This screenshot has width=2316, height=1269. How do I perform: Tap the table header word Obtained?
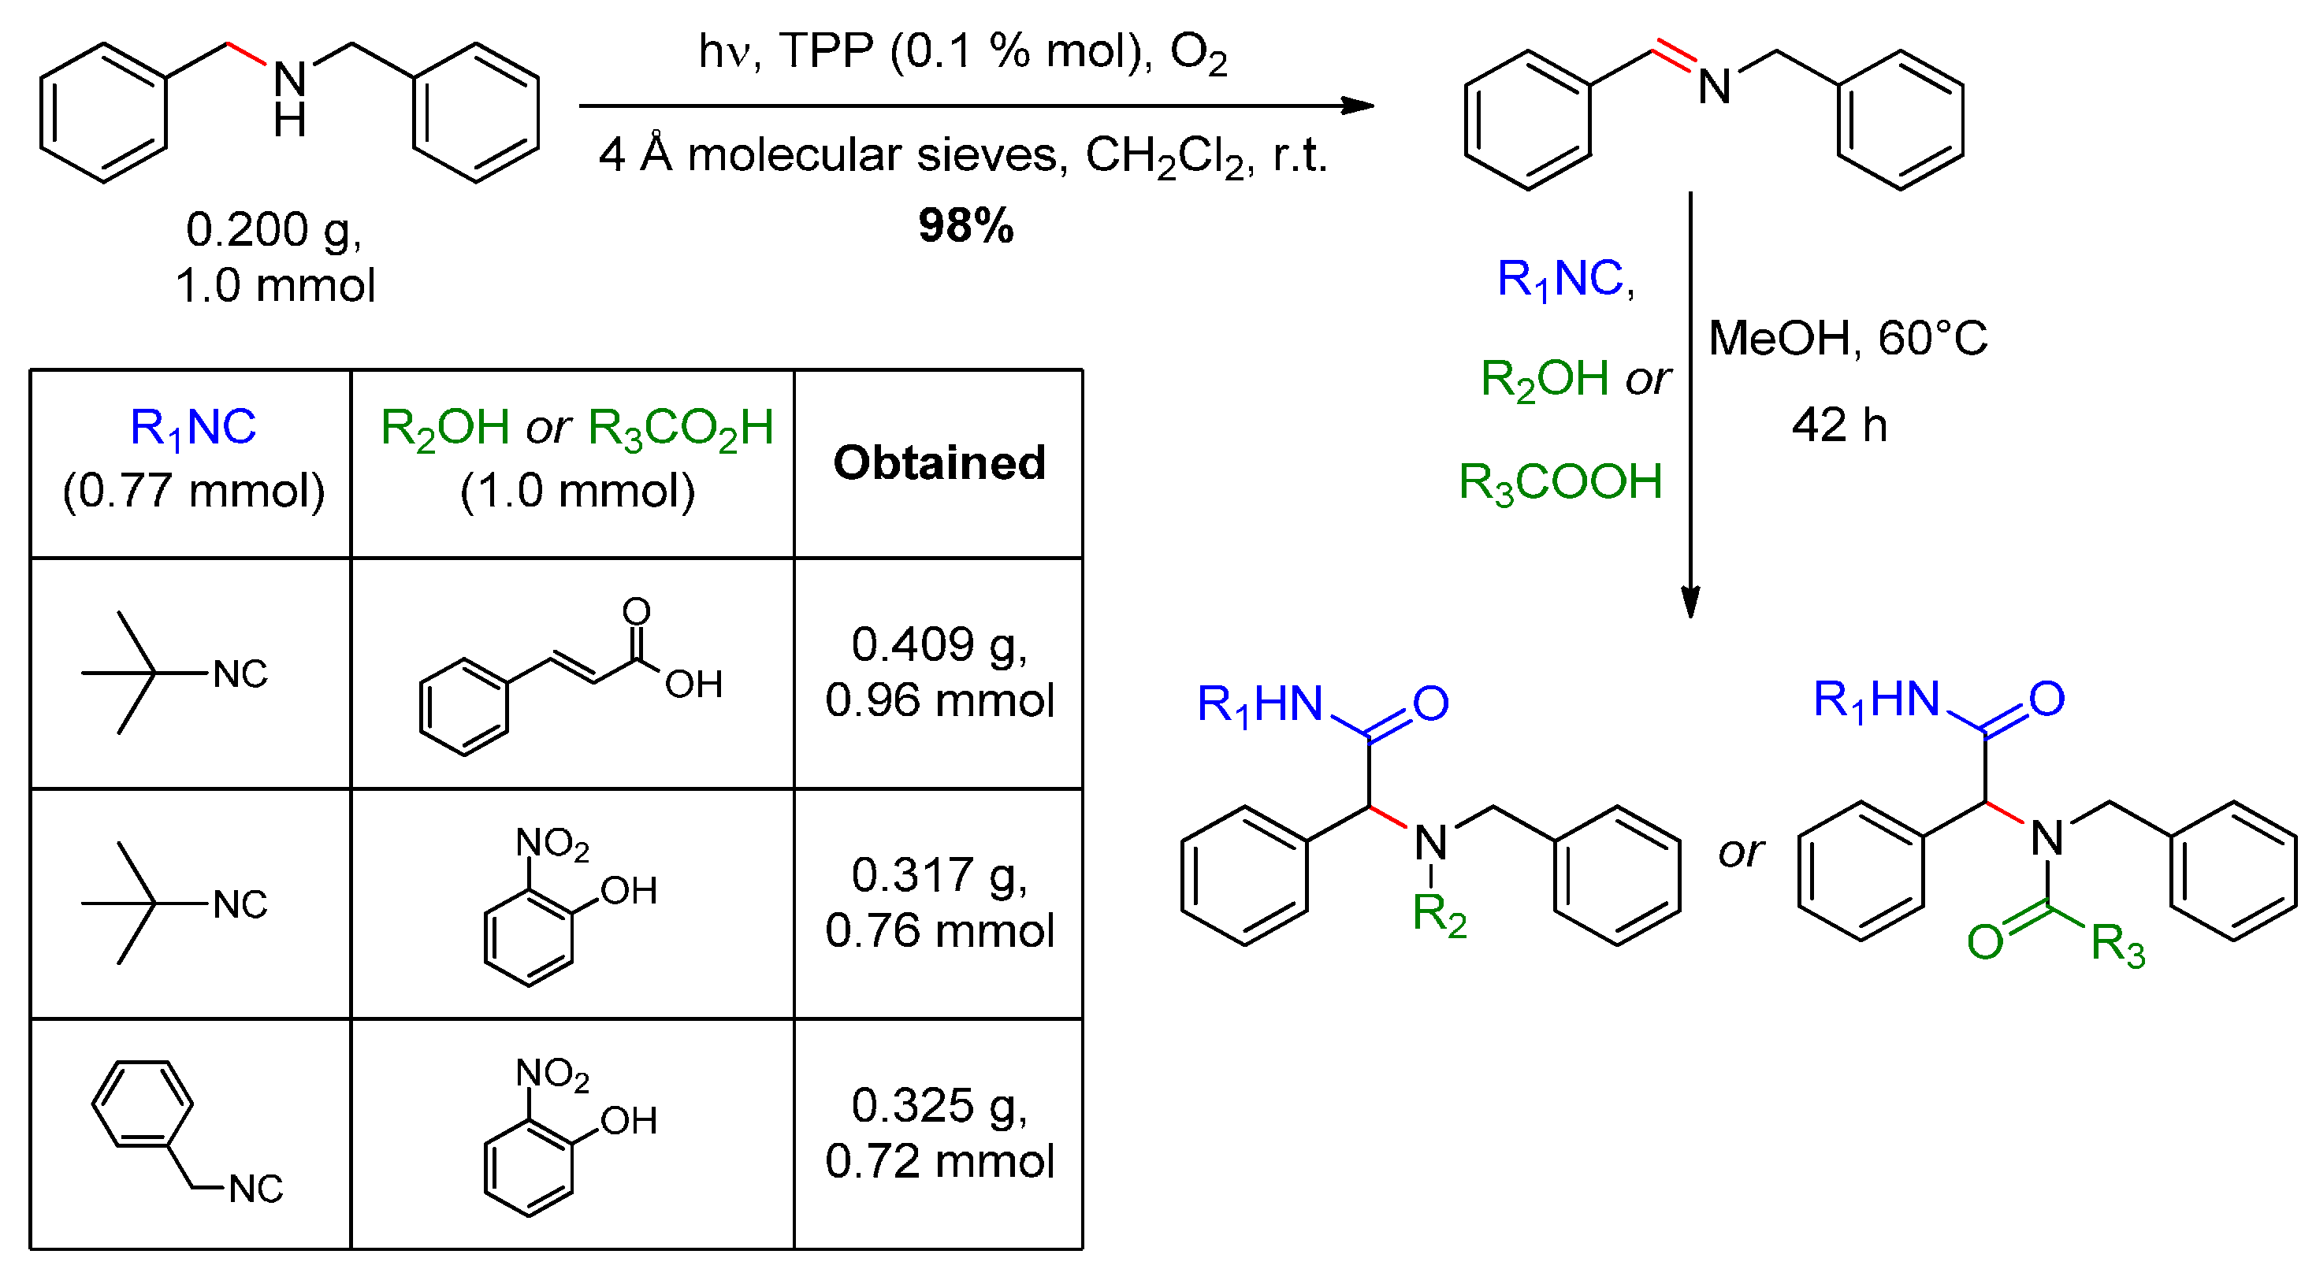click(x=939, y=463)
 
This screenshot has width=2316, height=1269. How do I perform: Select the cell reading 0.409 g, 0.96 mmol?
click(x=939, y=672)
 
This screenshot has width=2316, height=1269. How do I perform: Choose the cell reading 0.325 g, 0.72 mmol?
click(x=939, y=1133)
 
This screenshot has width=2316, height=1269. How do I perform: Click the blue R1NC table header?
click(x=192, y=427)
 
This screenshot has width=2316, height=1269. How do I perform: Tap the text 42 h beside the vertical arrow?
click(x=1838, y=425)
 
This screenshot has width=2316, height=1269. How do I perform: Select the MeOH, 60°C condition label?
click(x=1848, y=339)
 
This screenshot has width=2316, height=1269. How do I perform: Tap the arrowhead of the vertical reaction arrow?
click(x=1690, y=602)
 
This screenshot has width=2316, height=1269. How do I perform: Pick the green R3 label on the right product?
click(x=2117, y=944)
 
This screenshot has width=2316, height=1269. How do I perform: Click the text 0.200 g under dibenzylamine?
click(x=273, y=229)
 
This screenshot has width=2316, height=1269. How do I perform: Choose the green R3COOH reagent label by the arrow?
click(x=1559, y=483)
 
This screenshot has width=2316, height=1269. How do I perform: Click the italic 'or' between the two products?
click(x=1741, y=852)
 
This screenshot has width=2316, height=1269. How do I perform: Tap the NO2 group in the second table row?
click(x=552, y=843)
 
